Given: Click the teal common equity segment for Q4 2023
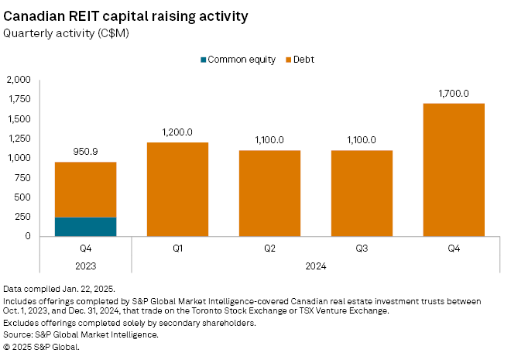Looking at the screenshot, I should pyautogui.click(x=85, y=227).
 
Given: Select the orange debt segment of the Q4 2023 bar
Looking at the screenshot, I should pyautogui.click(x=85, y=190).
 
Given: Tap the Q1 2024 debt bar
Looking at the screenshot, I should pyautogui.click(x=177, y=189).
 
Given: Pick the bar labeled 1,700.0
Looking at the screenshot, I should pyautogui.click(x=454, y=170).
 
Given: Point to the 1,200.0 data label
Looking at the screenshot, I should pyautogui.click(x=177, y=132).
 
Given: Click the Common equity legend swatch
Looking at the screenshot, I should pyautogui.click(x=204, y=60).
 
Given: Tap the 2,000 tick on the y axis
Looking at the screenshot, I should pyautogui.click(x=19, y=80).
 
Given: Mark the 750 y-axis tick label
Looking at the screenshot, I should pyautogui.click(x=23, y=178).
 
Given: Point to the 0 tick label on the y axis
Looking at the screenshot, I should pyautogui.click(x=28, y=237).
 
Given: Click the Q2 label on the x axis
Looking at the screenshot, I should pyautogui.click(x=269, y=249).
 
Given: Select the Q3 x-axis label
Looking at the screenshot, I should pyautogui.click(x=362, y=249).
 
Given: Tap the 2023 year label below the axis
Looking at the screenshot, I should pyautogui.click(x=85, y=266).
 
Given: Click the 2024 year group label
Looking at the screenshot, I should pyautogui.click(x=316, y=266).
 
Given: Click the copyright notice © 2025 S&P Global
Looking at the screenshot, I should pyautogui.click(x=42, y=346).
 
